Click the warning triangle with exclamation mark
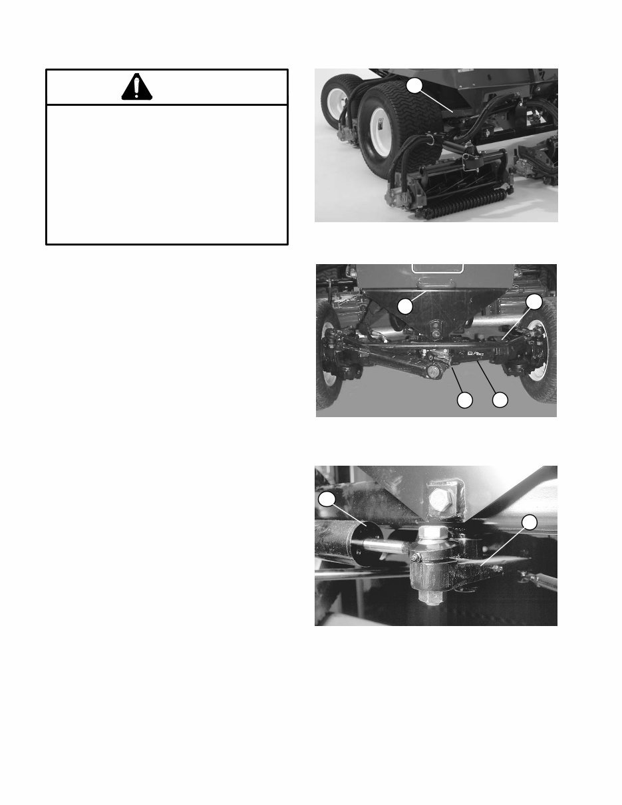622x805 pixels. click(136, 87)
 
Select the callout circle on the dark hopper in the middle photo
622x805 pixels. click(405, 306)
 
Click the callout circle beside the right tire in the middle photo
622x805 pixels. click(534, 302)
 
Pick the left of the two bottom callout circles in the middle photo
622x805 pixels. click(464, 400)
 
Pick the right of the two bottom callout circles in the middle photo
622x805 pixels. click(499, 400)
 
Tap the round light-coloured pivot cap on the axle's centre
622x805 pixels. click(434, 372)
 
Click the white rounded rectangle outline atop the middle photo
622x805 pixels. click(437, 268)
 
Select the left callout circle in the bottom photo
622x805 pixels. click(326, 499)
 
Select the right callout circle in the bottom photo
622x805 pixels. click(529, 522)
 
